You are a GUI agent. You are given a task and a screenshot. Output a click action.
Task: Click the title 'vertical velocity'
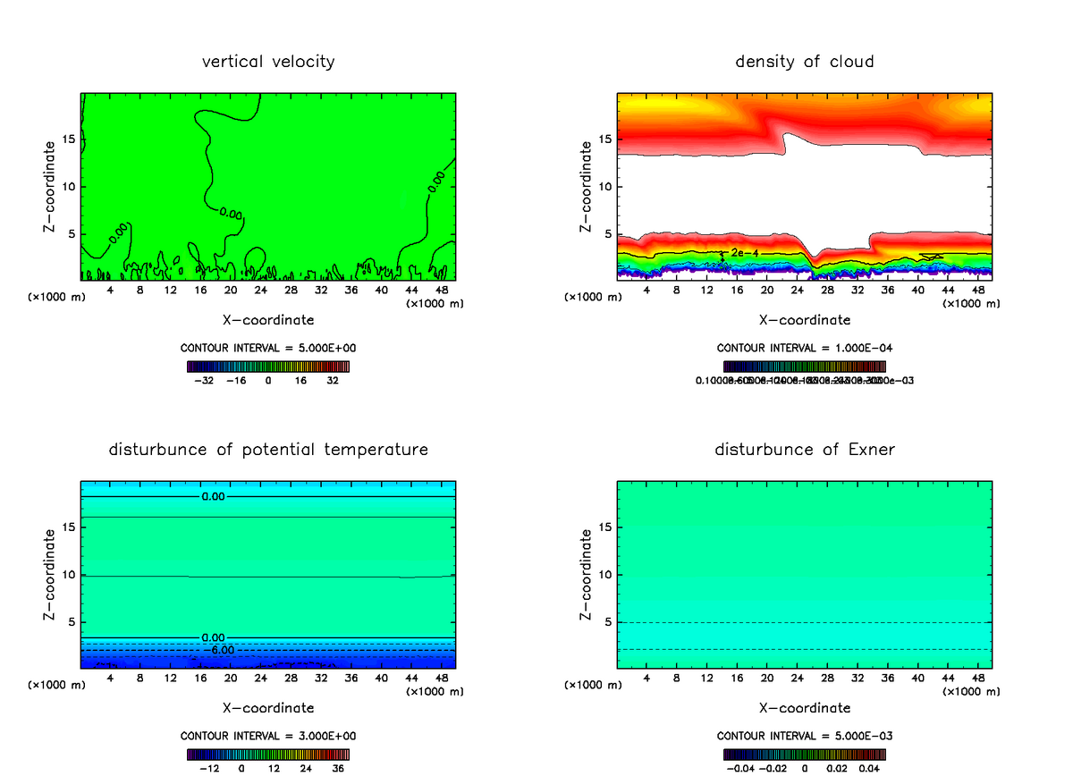click(268, 62)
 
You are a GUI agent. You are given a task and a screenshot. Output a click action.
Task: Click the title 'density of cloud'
click(805, 62)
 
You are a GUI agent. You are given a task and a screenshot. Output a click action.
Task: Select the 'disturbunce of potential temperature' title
click(268, 449)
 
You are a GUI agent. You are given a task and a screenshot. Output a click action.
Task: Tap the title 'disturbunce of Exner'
click(805, 449)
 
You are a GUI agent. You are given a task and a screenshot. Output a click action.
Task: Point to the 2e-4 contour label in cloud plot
click(744, 253)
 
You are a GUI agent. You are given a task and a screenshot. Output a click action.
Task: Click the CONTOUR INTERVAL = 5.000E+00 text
click(268, 348)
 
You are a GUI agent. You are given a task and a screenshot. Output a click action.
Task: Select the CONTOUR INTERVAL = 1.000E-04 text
click(805, 348)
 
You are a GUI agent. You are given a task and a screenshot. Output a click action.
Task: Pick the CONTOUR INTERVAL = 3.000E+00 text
click(268, 736)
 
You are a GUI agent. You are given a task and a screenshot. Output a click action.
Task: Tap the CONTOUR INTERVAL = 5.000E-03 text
click(805, 736)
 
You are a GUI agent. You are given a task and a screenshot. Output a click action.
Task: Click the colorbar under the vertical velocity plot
click(268, 366)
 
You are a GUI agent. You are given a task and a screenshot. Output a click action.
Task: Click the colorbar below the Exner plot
click(805, 754)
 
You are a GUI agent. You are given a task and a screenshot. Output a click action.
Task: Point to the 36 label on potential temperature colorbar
click(338, 768)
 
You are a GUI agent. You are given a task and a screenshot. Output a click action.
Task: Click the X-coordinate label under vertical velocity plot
click(268, 319)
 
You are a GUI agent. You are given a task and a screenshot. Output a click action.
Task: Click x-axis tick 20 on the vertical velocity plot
click(231, 291)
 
